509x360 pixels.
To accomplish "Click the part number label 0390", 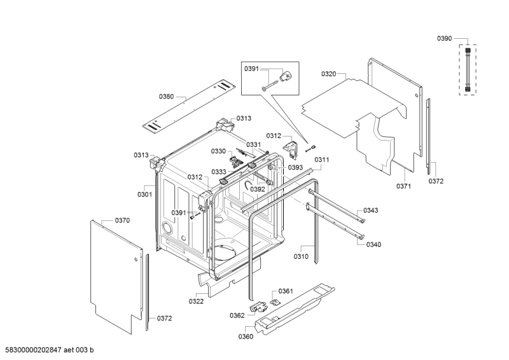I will tap(444, 39).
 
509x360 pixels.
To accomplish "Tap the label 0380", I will tap(166, 97).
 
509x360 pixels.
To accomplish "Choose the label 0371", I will tap(404, 186).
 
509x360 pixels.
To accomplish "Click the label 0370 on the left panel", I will tap(122, 220).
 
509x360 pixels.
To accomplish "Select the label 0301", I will tap(144, 195).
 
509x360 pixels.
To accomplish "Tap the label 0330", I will tap(218, 151).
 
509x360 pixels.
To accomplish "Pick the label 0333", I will tap(219, 172).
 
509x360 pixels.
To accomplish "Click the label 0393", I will tap(295, 167).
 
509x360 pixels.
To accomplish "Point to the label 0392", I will tap(257, 189).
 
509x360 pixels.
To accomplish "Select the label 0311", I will tap(321, 160).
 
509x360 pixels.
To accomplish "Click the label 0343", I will tap(371, 211).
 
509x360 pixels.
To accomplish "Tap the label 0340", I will tap(374, 244).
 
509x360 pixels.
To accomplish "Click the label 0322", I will tap(196, 301).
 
